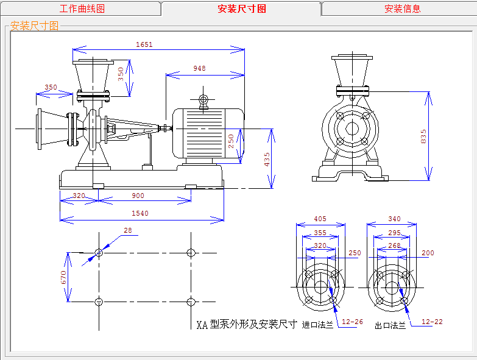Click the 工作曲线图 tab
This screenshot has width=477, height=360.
(82, 9)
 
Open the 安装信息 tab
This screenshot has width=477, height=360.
(402, 9)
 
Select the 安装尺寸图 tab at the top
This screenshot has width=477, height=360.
(241, 9)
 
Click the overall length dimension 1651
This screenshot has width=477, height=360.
(144, 44)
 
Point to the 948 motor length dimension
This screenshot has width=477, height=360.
(200, 68)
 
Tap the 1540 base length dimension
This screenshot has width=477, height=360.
(140, 213)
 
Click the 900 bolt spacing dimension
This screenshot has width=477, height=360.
(138, 196)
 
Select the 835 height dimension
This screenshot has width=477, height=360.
(423, 136)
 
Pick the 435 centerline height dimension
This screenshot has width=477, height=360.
(267, 160)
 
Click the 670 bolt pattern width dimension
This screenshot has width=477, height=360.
(63, 277)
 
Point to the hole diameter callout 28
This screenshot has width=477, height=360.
(128, 230)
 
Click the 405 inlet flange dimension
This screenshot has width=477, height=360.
(320, 219)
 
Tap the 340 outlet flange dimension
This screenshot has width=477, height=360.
(394, 219)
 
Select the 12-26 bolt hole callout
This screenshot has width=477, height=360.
(352, 322)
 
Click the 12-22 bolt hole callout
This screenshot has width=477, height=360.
(432, 322)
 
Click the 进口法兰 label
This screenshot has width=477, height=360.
(317, 325)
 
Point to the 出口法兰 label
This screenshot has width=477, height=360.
(390, 326)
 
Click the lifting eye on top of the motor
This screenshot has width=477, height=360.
(203, 99)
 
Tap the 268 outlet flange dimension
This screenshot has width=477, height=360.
(394, 245)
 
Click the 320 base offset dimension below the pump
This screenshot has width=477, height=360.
(79, 196)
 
